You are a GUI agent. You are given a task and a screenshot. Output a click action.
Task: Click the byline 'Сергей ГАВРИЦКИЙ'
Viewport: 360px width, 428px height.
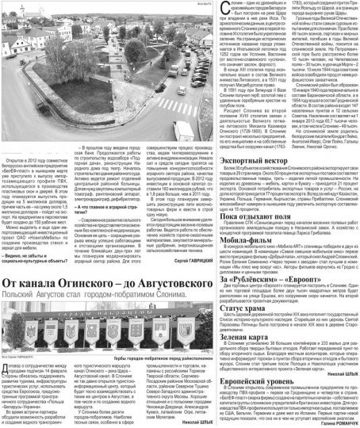pyautogui.click(x=163, y=237)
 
